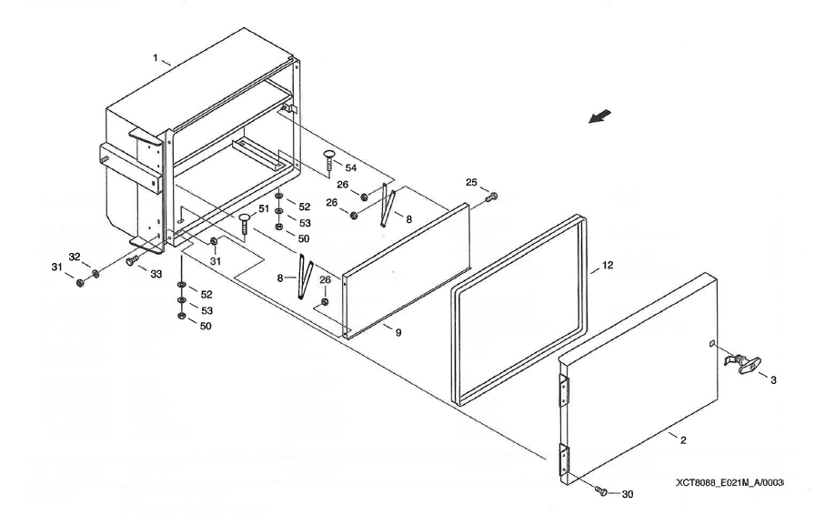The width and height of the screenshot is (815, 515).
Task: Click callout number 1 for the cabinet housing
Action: coord(156,58)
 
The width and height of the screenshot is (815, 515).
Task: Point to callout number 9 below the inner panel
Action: coord(397,333)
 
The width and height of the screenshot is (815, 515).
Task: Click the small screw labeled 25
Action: coord(492,197)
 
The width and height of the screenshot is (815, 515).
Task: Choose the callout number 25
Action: coord(471,183)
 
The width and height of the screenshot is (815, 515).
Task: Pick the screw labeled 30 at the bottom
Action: coord(600,491)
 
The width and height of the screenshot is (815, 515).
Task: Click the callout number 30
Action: coord(627,494)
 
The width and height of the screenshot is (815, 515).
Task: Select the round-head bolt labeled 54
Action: coord(328,168)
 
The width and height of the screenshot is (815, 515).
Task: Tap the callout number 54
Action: coord(351,168)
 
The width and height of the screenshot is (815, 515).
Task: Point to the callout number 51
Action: coord(264,209)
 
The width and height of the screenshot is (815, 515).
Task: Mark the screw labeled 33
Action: coord(131,260)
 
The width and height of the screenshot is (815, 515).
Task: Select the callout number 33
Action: coord(156,273)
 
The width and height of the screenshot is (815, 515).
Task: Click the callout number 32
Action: coord(75,257)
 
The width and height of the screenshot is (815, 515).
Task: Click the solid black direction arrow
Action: coord(600,116)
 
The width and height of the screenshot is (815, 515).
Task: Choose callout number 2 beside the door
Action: coord(682,440)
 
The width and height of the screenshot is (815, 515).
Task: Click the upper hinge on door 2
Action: coord(564,390)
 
